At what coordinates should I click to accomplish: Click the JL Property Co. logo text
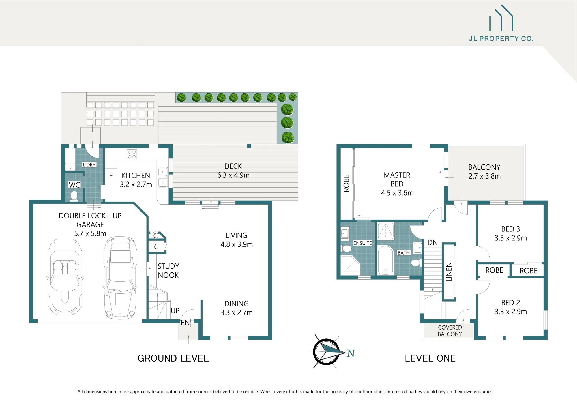(501, 39)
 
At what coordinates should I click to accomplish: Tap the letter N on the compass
(351, 353)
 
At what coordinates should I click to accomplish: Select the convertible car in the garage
(65, 276)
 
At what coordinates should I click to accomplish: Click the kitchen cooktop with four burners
(132, 154)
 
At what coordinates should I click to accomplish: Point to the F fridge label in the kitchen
(111, 175)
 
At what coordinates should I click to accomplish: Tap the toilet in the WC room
(74, 196)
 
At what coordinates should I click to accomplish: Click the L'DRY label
(89, 165)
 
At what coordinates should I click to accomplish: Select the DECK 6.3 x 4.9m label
(233, 171)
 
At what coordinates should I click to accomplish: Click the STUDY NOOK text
(168, 271)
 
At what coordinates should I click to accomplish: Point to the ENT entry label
(187, 323)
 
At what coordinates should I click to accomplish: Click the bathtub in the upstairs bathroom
(385, 260)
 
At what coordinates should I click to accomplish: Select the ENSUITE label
(363, 243)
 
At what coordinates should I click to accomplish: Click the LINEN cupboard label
(449, 272)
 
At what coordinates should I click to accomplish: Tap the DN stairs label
(432, 243)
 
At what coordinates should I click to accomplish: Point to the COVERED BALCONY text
(450, 331)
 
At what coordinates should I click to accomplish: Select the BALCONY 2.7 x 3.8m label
(484, 172)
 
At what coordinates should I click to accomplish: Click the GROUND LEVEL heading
(173, 358)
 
